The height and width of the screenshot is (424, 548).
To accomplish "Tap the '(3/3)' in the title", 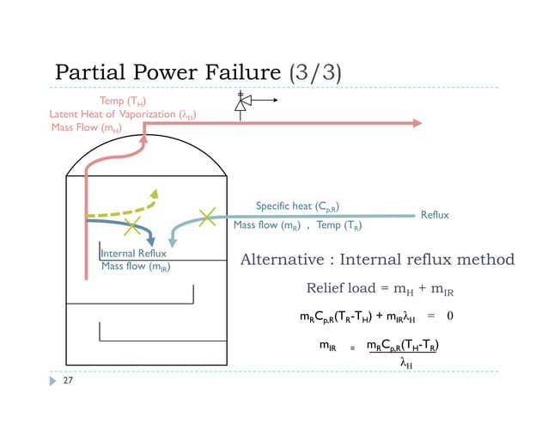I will pos(317,71).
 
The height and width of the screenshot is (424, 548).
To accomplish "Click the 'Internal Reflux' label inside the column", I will pos(134,254).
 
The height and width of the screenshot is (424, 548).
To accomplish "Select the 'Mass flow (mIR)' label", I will pos(136,267).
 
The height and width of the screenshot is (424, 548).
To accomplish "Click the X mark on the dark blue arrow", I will pos(131,227).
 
